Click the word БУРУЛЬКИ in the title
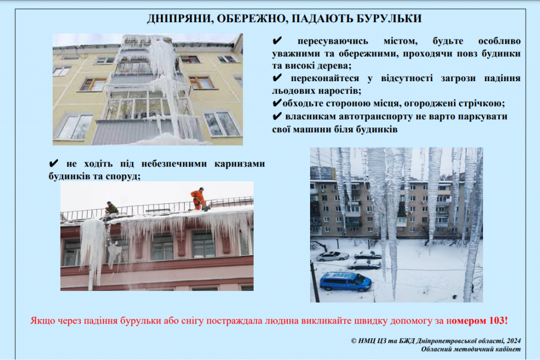pyautogui.click(x=389, y=18)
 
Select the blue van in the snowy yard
pyautogui.click(x=345, y=282)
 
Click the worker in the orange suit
pyautogui.click(x=198, y=199)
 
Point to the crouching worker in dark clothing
pyautogui.click(x=111, y=209)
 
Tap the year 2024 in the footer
pyautogui.click(x=514, y=340)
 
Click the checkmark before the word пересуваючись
pyautogui.click(x=277, y=41)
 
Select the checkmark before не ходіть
pyautogui.click(x=53, y=163)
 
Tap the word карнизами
pyautogui.click(x=240, y=164)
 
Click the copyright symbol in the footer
pyautogui.click(x=354, y=341)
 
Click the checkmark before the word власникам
pyautogui.click(x=277, y=116)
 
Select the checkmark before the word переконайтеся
pyautogui.click(x=277, y=78)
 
